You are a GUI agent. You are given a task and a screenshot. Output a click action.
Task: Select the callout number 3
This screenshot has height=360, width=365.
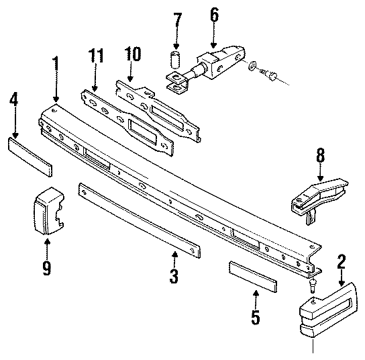click(173, 275)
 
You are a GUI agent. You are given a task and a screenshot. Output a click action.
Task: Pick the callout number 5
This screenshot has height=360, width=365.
click(255, 316)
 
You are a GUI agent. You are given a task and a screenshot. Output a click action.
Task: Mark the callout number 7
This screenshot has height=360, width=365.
click(178, 20)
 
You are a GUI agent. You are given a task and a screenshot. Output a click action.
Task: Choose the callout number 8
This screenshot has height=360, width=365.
click(320, 156)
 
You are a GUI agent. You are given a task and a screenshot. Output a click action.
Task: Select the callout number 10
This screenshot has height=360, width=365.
click(133, 54)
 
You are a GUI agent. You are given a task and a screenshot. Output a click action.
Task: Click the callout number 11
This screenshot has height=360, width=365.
click(96, 55)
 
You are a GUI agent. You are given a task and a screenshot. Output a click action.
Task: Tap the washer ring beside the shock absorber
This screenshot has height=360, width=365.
click(250, 66)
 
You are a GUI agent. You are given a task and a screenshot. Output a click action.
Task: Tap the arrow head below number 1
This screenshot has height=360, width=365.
click(55, 98)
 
